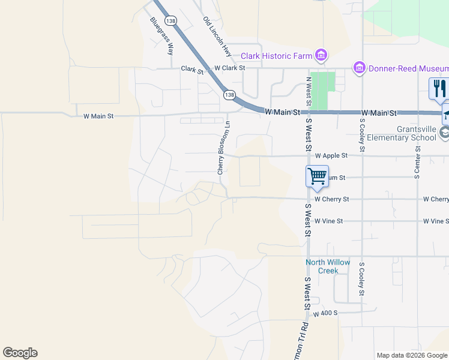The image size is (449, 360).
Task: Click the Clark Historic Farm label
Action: (276, 56)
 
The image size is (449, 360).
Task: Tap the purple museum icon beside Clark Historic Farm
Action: (321, 56)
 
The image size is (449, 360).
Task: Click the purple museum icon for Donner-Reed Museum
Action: (360, 68)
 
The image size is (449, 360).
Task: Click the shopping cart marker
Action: (317, 176)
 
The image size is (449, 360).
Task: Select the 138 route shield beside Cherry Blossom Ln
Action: (229, 95)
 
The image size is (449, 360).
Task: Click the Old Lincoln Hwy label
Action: (217, 37)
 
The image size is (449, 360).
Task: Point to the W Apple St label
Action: (331, 155)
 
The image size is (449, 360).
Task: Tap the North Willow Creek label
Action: (328, 266)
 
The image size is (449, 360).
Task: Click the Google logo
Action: (20, 353)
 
